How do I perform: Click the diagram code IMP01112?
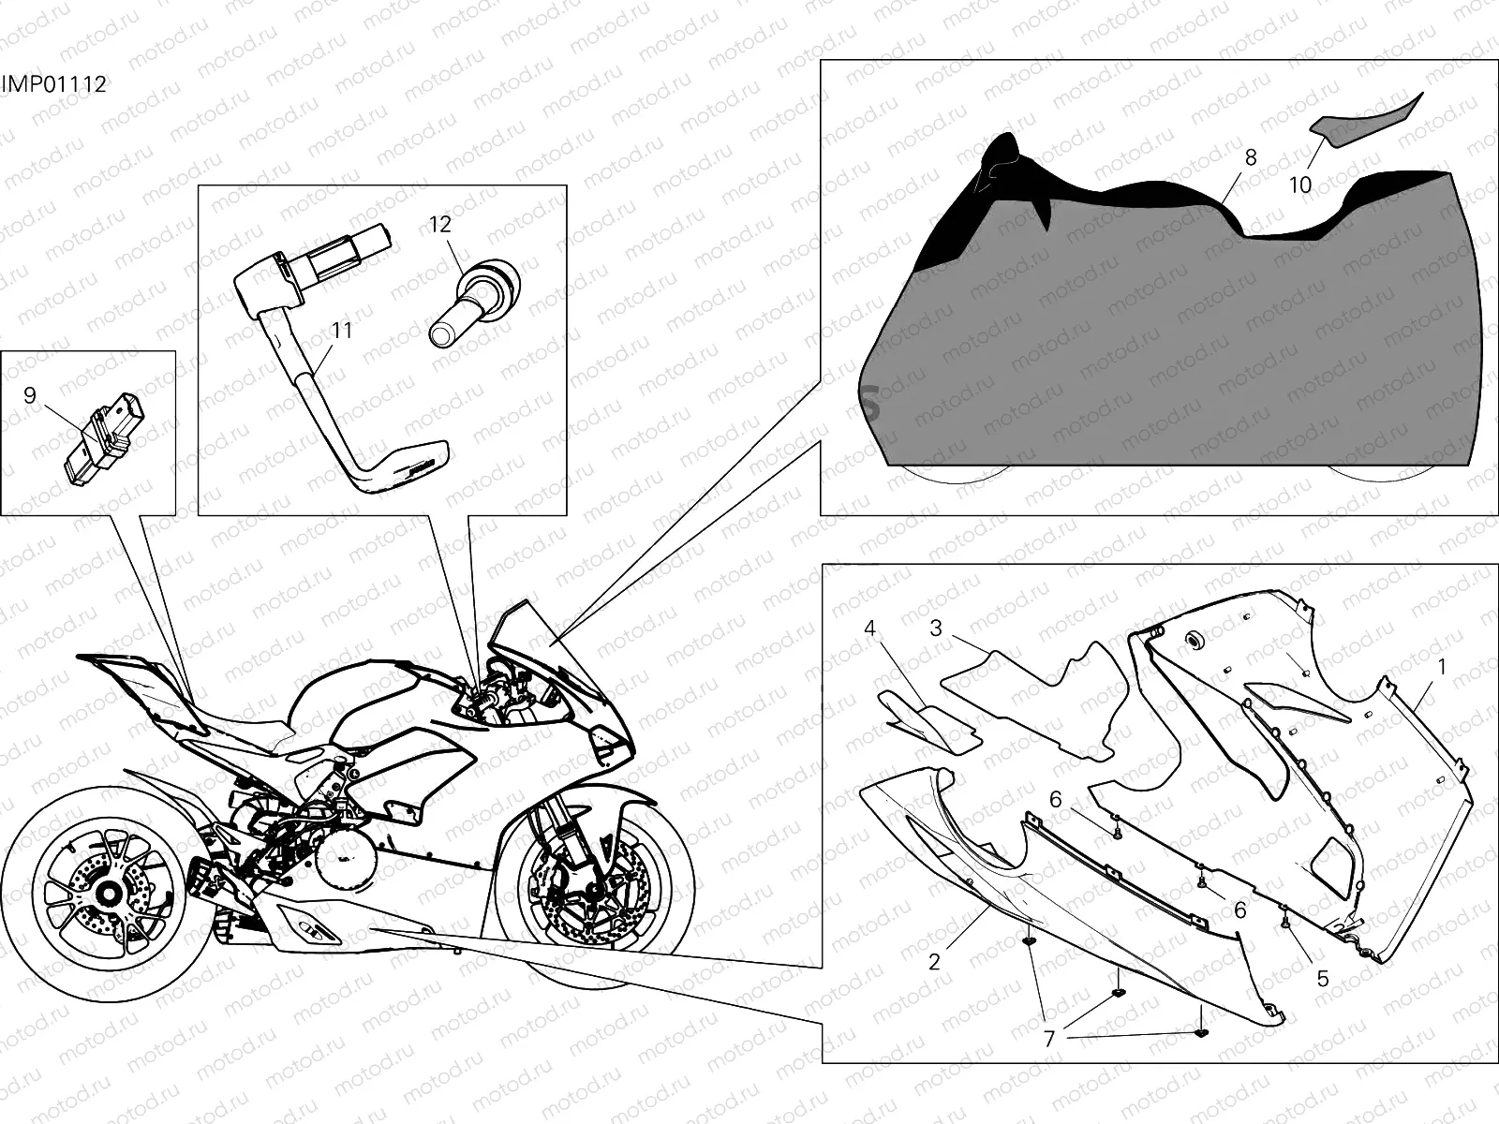click(53, 84)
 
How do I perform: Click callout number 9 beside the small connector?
click(30, 395)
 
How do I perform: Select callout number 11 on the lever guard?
click(341, 330)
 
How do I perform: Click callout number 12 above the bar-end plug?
click(440, 224)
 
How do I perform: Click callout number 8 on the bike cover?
click(1251, 157)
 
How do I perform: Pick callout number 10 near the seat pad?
click(1300, 185)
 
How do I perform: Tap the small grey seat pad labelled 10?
click(1363, 124)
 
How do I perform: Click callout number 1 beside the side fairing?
click(1442, 667)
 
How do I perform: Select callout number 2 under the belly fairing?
click(934, 962)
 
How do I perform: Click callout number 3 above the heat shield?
click(935, 628)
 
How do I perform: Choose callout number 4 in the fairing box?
click(869, 628)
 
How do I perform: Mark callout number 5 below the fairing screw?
click(1323, 979)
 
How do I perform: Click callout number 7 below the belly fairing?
click(1049, 1038)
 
